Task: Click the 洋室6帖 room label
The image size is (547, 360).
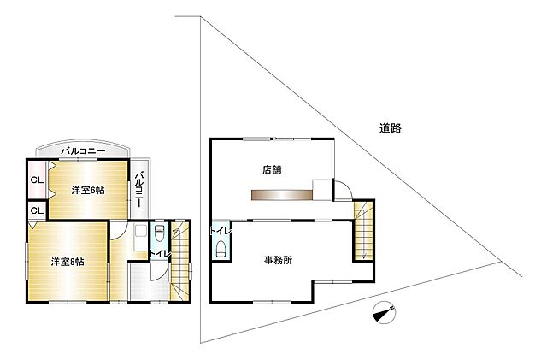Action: (87, 189)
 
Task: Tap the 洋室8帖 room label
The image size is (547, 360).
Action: (67, 261)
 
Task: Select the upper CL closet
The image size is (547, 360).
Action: (36, 180)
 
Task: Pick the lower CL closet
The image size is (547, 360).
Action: (36, 210)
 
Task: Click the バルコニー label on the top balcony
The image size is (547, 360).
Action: (83, 151)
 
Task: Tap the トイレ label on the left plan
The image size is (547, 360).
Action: (159, 255)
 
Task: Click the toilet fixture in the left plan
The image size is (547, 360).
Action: (159, 234)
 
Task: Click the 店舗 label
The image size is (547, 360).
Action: (273, 168)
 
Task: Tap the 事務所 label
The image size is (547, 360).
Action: (278, 261)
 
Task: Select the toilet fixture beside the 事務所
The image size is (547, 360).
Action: (221, 249)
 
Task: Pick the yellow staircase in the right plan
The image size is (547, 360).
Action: (363, 229)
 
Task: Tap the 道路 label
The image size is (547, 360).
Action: (391, 128)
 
